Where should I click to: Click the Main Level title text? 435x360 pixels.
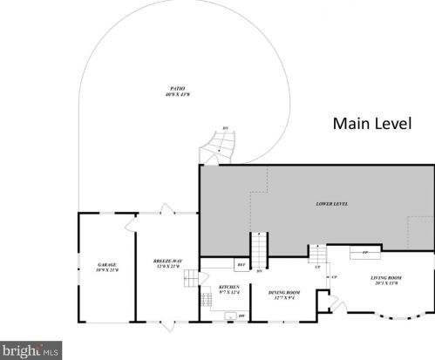click(x=371, y=124)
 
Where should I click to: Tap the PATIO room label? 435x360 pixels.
click(x=177, y=91)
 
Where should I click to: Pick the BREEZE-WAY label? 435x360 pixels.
click(x=166, y=268)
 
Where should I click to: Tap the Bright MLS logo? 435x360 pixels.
click(x=30, y=350)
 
